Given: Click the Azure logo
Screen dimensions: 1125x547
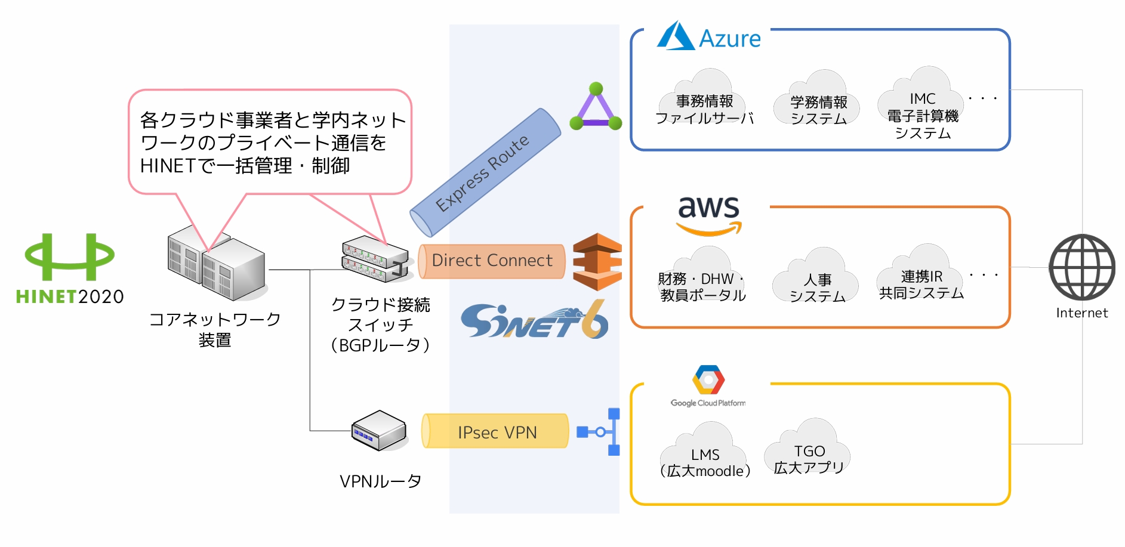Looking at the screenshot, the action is [708, 36].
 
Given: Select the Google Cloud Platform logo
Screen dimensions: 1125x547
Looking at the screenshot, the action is [708, 386].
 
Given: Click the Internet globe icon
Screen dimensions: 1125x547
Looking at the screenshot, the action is [1082, 267].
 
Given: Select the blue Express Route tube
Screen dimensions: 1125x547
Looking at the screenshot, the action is [485, 172].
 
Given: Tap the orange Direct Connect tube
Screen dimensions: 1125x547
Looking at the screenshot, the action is [492, 261].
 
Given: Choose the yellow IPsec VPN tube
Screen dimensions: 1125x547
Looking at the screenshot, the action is [495, 431].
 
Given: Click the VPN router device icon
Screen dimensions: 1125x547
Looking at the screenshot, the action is [379, 430].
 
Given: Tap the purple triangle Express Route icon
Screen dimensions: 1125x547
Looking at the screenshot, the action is [596, 107].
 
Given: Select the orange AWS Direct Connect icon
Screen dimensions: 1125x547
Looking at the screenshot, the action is [597, 261].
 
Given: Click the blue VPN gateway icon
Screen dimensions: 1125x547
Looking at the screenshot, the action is [599, 432].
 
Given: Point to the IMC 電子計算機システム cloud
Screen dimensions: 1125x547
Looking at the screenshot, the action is [921, 98].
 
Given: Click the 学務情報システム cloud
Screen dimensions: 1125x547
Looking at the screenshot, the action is [817, 98].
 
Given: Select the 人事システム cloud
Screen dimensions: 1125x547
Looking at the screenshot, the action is [816, 277].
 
